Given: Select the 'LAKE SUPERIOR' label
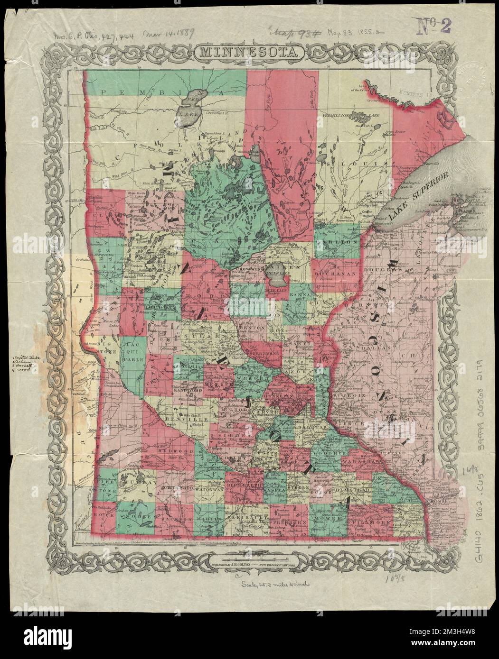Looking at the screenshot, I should click(x=418, y=195).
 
